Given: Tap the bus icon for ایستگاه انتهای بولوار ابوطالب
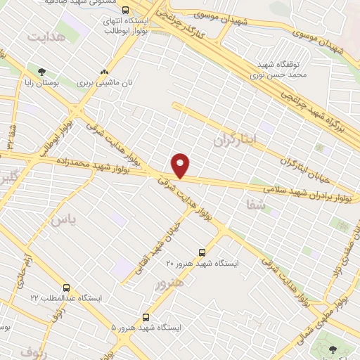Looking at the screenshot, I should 125,11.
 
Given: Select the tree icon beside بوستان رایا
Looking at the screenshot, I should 42,72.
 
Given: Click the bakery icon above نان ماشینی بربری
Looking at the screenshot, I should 104,72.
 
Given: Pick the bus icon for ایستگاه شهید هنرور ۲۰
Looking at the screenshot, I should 202,252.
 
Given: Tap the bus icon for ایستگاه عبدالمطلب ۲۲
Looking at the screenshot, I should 66,288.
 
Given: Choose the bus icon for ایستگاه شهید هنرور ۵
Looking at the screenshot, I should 146,317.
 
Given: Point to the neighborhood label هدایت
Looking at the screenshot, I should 47,34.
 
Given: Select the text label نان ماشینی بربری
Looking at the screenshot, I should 105,82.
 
